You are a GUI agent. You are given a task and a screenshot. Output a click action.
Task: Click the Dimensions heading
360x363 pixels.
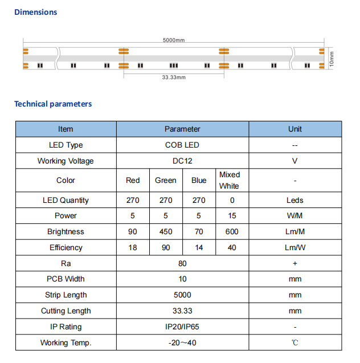35,12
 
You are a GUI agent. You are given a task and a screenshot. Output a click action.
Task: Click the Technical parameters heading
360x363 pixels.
53,104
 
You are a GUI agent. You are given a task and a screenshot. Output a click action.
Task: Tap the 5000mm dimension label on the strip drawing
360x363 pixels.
174,40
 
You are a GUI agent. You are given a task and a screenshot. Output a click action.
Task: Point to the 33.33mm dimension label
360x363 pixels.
174,77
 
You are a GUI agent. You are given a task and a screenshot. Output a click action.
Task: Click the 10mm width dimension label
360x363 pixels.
332,58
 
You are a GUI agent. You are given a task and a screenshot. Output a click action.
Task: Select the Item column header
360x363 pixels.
66,129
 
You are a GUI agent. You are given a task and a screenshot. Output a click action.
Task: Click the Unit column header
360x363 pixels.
294,129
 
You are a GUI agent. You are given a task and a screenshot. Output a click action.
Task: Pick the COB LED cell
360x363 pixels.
182,145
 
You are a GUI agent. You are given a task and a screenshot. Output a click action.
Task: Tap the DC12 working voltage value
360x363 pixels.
182,161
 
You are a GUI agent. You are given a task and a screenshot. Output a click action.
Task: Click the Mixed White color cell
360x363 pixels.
230,180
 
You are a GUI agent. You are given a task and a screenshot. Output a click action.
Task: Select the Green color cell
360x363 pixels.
166,181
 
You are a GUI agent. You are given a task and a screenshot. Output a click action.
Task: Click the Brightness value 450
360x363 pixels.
166,232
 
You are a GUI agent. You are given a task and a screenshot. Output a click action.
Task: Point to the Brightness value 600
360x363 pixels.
232,232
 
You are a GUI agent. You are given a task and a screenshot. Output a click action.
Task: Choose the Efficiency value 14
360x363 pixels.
199,248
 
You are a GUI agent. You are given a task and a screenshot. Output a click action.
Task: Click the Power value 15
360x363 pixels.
232,216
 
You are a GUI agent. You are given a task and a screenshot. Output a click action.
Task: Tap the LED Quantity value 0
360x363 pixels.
232,201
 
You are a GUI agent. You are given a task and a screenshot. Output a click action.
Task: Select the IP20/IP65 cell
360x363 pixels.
182,327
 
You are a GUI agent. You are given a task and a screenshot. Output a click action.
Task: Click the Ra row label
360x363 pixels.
66,264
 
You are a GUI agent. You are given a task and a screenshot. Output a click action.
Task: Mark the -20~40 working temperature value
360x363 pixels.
182,343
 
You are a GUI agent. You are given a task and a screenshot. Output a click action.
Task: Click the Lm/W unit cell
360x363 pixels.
294,248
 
